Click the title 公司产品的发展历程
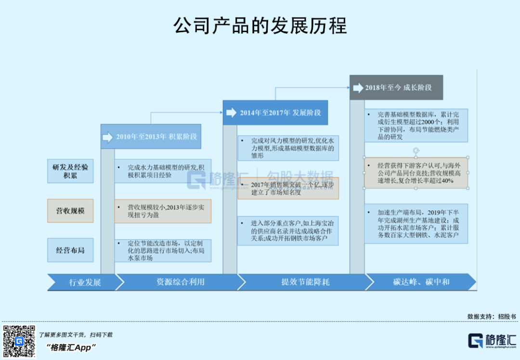click(x=260, y=26)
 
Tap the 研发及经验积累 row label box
click(x=70, y=171)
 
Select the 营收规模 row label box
click(x=70, y=210)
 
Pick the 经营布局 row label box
click(x=70, y=250)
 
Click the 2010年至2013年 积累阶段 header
click(x=151, y=137)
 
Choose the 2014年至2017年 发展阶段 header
click(x=275, y=113)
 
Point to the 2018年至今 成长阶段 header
click(x=396, y=88)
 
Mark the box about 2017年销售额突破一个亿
click(x=288, y=188)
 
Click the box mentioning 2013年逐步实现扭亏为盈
click(x=163, y=211)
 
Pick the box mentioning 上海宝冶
click(x=288, y=231)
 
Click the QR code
click(x=19, y=341)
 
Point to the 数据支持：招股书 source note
click(x=491, y=316)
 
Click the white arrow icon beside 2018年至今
click(x=358, y=88)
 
